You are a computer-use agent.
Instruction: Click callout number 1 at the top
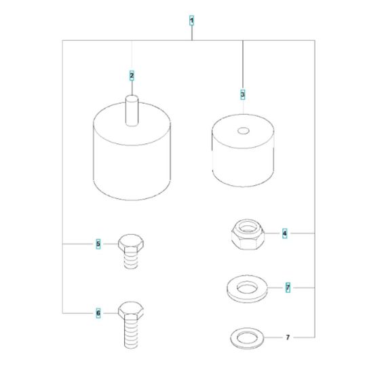191,22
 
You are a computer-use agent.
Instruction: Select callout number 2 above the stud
132,75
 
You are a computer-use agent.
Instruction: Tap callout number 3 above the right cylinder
242,93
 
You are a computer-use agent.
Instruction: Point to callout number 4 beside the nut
285,233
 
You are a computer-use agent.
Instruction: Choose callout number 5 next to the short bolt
98,243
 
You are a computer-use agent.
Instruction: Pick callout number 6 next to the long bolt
98,313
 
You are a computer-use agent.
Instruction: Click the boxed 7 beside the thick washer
288,288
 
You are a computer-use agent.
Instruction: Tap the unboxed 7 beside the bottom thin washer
288,337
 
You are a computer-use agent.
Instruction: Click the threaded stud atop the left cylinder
132,111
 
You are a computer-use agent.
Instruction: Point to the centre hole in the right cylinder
242,130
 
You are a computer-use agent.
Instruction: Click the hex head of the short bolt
129,242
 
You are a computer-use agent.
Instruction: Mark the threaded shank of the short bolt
129,260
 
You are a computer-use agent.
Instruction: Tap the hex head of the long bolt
129,313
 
